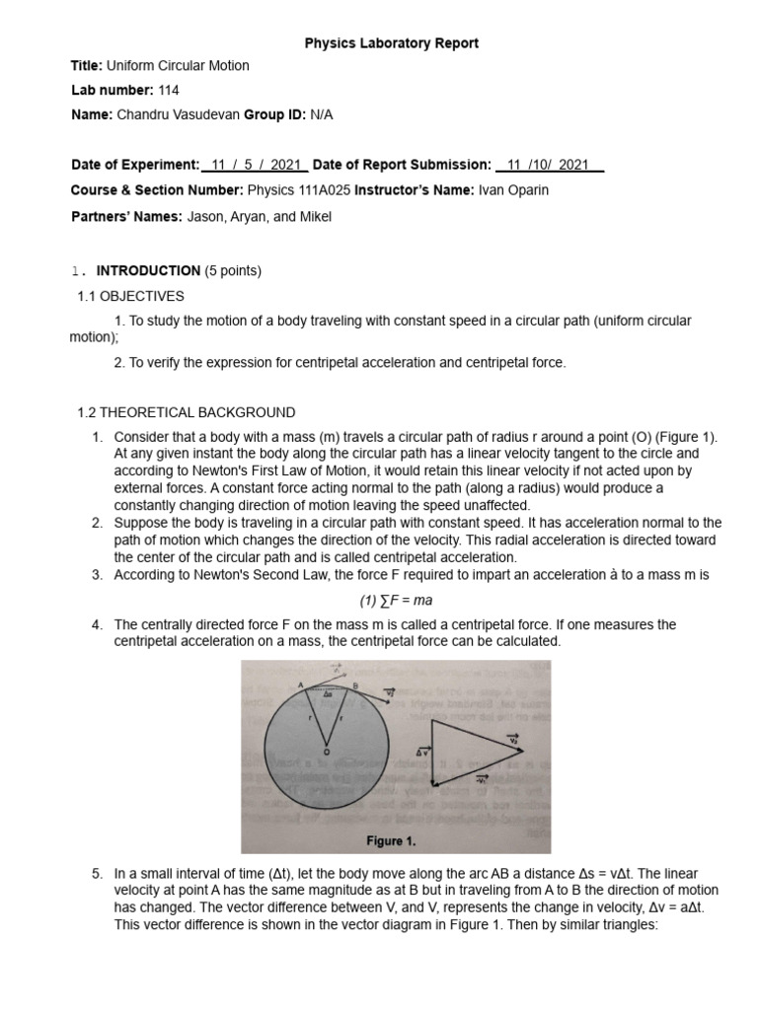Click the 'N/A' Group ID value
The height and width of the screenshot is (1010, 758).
[322, 114]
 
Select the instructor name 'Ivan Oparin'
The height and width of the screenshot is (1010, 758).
[513, 189]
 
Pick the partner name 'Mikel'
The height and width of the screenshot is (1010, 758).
[314, 217]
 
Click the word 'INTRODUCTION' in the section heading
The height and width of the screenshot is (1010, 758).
[148, 270]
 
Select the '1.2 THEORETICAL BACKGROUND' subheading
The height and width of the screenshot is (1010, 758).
[186, 411]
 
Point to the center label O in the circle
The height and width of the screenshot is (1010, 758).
[325, 752]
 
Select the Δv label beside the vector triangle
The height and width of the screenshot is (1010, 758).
[421, 753]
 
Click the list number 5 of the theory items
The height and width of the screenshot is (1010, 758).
[97, 874]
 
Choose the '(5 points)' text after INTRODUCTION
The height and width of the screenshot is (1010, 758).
[233, 270]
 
